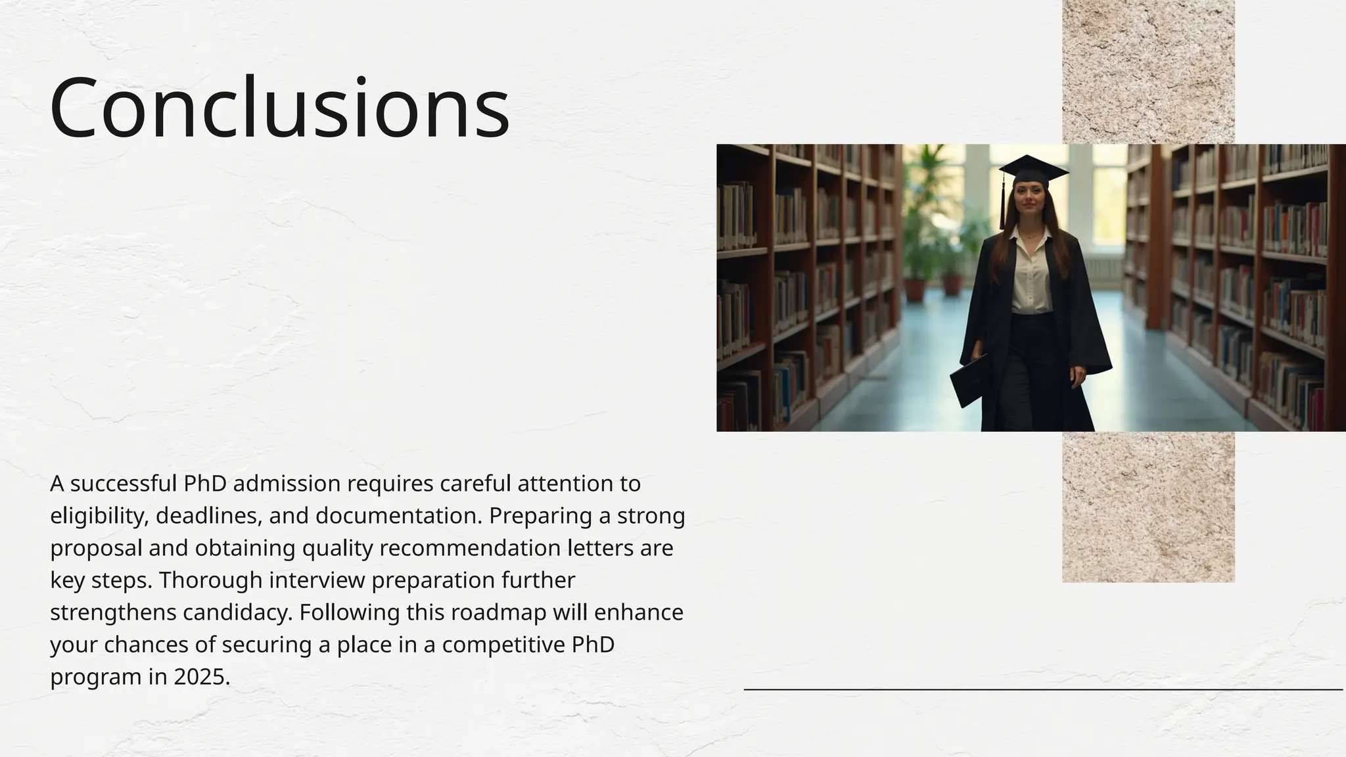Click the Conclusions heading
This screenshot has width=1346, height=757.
coord(279,108)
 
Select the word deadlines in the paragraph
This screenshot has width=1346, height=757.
coord(208,516)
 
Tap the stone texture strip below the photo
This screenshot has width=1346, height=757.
coord(1148,507)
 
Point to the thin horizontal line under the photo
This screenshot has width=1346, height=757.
coord(1043,689)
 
